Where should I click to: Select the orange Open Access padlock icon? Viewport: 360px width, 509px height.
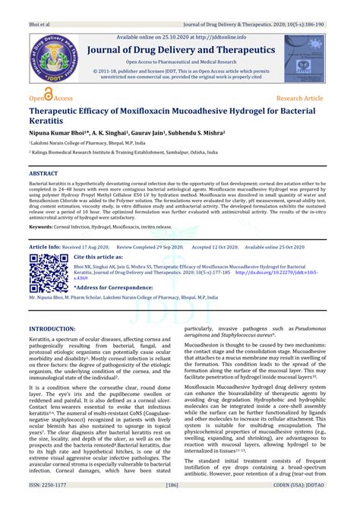pyautogui.click(x=49, y=95)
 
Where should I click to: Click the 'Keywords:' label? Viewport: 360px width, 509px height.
pyautogui.click(x=46, y=227)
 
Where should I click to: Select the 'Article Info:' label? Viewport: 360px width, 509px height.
pyautogui.click(x=45, y=247)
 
